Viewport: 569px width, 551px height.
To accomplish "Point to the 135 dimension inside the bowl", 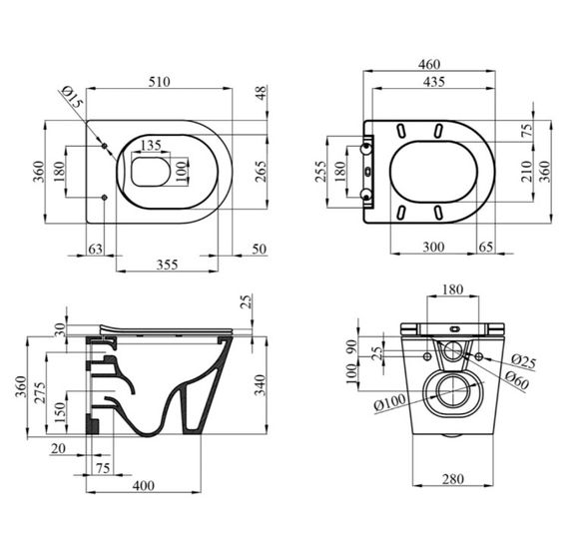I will tap(150, 146).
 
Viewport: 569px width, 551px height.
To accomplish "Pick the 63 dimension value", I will tap(96, 248).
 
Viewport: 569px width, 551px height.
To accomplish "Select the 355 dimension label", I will tap(167, 265).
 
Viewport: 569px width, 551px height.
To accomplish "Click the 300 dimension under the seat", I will tap(432, 246).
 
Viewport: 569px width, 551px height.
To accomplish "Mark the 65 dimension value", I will tap(486, 246).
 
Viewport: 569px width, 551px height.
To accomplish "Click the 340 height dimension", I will tap(261, 384).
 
